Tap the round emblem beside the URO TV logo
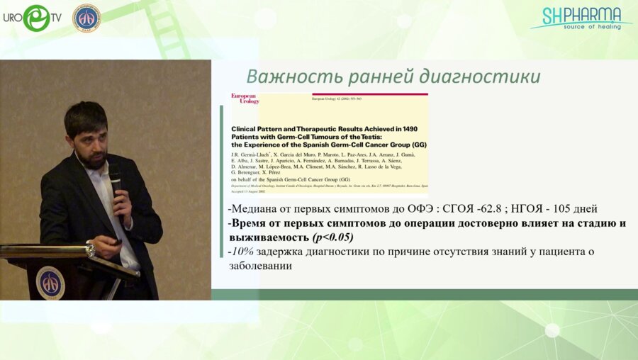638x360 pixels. point(86,18)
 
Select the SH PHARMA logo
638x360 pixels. point(581,18)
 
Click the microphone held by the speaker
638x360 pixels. point(115,177)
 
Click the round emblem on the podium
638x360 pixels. point(50,282)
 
